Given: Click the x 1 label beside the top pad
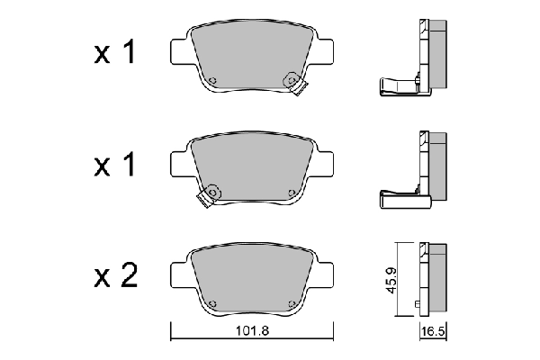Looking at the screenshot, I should pos(115,53).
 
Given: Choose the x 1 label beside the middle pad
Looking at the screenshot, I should pos(115,166).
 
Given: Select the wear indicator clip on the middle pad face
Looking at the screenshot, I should pos(211,193).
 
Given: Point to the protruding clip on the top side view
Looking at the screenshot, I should pos(394,86).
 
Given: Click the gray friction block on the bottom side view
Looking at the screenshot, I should pos(437,278).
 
